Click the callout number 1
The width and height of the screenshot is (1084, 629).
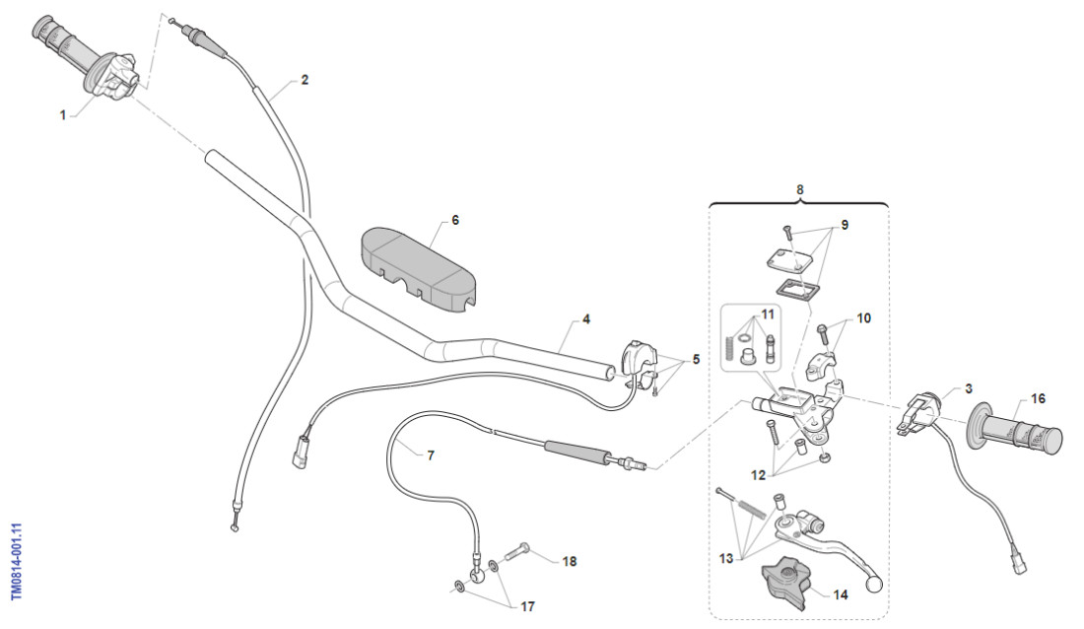tap(63, 114)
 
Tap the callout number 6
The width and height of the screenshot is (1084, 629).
tap(454, 221)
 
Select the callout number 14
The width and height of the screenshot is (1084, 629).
tap(841, 594)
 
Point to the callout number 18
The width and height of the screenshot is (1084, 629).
tap(569, 562)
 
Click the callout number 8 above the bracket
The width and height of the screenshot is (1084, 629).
tap(799, 187)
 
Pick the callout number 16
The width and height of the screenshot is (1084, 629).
tap(1039, 398)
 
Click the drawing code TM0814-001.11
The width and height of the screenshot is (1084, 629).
tap(16, 561)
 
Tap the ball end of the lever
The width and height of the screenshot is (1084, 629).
tap(872, 583)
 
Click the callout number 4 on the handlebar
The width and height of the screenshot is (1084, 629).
tap(586, 319)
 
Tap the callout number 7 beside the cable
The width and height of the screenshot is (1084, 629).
tap(430, 455)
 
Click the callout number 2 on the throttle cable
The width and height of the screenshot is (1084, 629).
tap(305, 80)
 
